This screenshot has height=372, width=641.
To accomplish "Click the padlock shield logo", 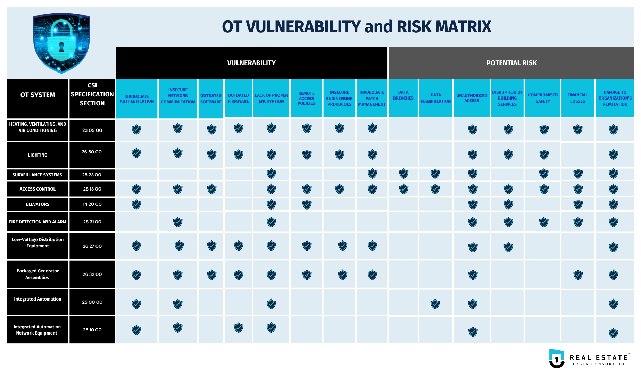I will (61, 43).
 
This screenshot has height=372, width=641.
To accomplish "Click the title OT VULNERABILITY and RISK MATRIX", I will (356, 27).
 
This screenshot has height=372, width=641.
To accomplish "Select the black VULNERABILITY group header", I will (251, 63).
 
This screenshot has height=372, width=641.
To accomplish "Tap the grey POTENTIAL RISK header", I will (511, 63).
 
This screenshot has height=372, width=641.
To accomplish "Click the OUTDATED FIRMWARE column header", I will (238, 99).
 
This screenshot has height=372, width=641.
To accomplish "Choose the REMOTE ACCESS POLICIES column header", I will (306, 99).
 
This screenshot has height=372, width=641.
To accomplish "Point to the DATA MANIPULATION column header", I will (435, 99).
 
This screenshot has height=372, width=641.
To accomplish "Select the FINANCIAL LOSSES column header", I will (577, 99).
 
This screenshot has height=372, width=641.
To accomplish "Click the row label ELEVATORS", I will (38, 204).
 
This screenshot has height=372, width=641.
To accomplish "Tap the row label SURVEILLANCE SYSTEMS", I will (37, 175).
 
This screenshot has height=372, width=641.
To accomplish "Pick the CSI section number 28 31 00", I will (92, 222).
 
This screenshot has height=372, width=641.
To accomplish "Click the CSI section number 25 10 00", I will (92, 330).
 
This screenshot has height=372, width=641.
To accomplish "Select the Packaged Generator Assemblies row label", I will (38, 274).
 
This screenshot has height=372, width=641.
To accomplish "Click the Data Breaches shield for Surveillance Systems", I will (403, 174).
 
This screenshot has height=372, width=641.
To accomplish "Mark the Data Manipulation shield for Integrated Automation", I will (435, 304).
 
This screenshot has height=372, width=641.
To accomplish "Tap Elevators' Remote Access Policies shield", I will (307, 204).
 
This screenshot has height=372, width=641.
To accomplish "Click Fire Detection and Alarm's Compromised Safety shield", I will (544, 222).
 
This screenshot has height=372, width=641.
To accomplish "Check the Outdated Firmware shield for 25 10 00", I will (239, 328).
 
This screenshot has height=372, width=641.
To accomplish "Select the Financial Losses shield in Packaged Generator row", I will (578, 275).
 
